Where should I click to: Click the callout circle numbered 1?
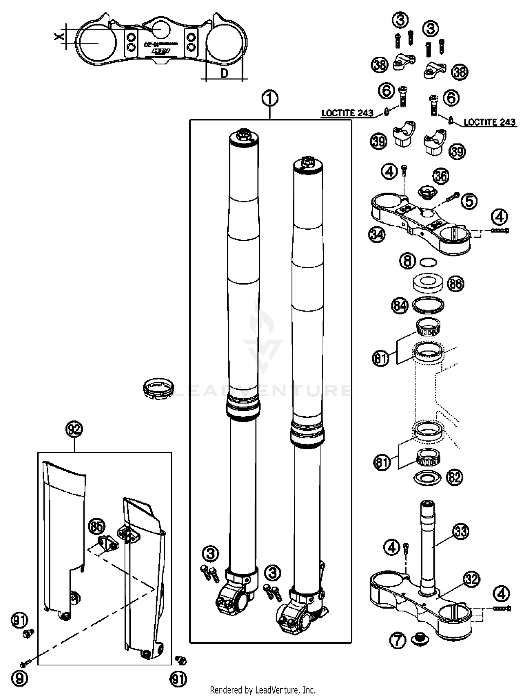(270, 99)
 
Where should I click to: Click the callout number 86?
(456, 283)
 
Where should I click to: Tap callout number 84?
(400, 306)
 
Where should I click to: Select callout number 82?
(454, 477)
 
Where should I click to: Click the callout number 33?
(461, 531)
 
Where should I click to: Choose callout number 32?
(471, 579)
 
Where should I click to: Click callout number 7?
(398, 641)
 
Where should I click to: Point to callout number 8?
(407, 261)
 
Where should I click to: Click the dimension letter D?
(224, 73)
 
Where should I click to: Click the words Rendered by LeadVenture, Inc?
(263, 690)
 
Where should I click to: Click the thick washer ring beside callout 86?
(428, 282)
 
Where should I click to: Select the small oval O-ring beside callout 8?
(428, 261)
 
